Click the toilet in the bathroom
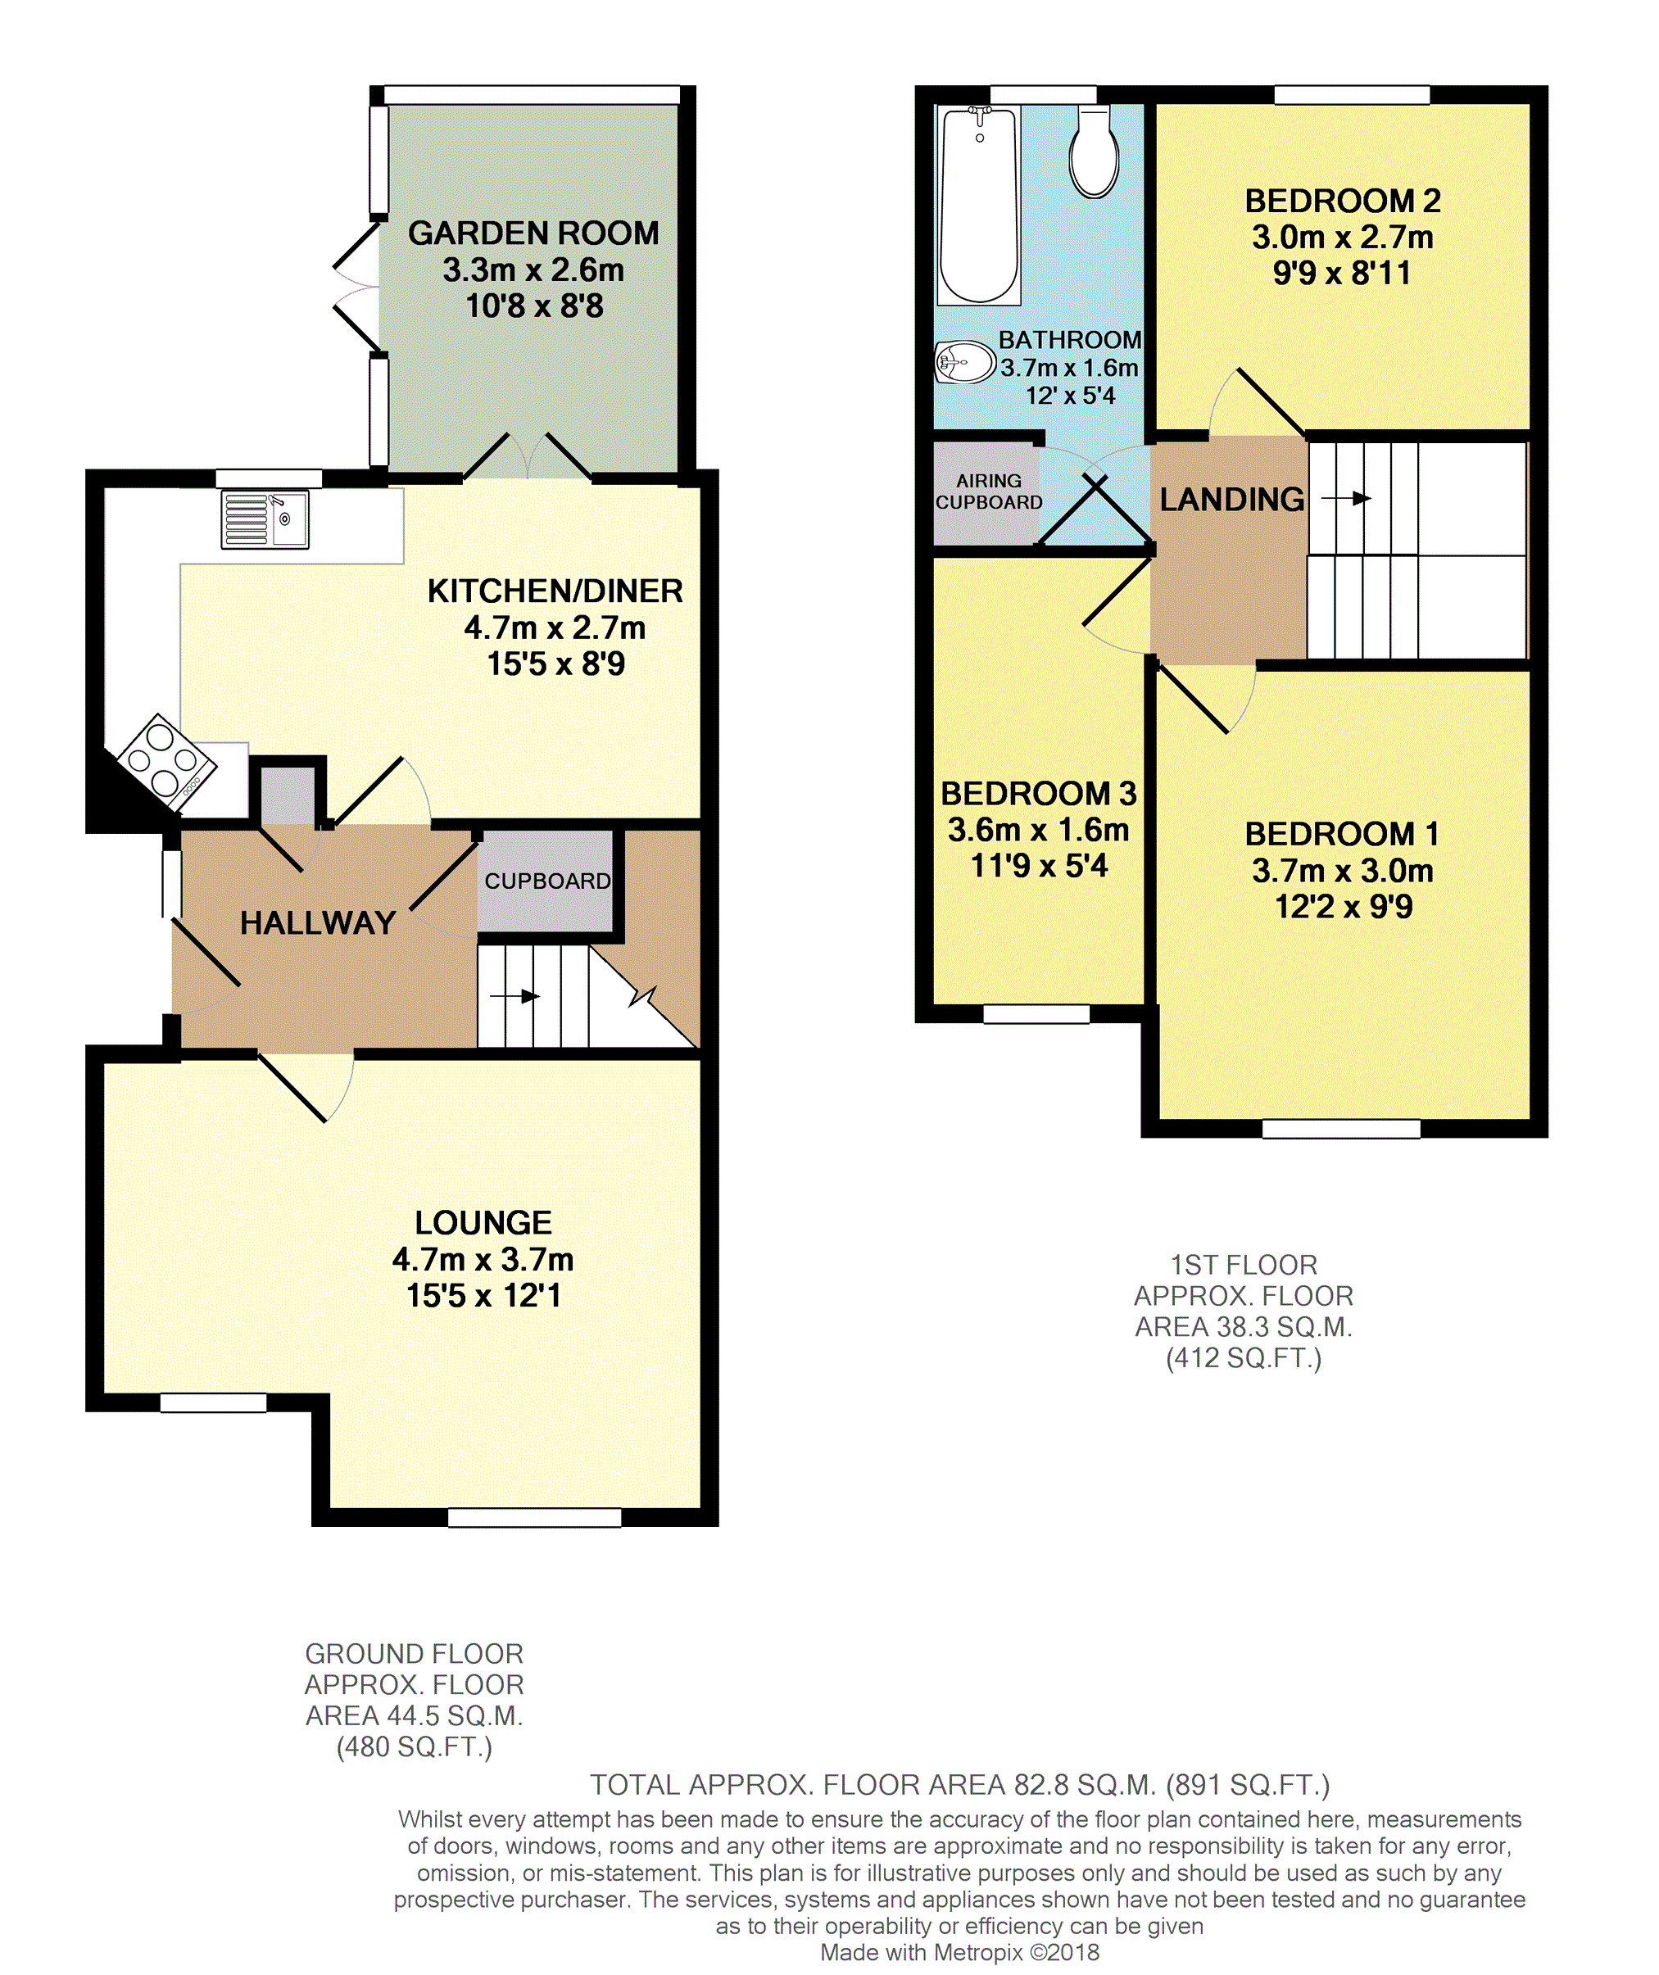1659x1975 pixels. [x=1094, y=152]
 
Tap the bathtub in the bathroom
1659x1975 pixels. [x=979, y=205]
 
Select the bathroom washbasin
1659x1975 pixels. [x=965, y=362]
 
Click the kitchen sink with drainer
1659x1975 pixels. [x=265, y=519]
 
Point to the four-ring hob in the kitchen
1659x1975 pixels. [x=167, y=762]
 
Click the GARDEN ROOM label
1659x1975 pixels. [x=533, y=233]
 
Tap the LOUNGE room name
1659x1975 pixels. [x=483, y=1223]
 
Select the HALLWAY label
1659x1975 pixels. [x=318, y=922]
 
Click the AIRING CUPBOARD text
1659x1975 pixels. [x=989, y=491]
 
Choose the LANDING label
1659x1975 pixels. [x=1232, y=500]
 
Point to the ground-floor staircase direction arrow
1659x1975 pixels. [x=514, y=996]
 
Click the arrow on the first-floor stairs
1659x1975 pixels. [x=1347, y=497]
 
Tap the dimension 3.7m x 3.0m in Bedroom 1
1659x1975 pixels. [x=1342, y=870]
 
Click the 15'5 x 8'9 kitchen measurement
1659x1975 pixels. [x=555, y=664]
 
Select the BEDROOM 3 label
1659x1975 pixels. [x=1038, y=794]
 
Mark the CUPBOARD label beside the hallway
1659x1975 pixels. [x=547, y=881]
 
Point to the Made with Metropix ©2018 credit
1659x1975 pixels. [x=959, y=1952]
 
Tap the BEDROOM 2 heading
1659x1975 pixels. [x=1342, y=201]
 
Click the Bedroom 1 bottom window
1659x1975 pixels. [x=1341, y=1129]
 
